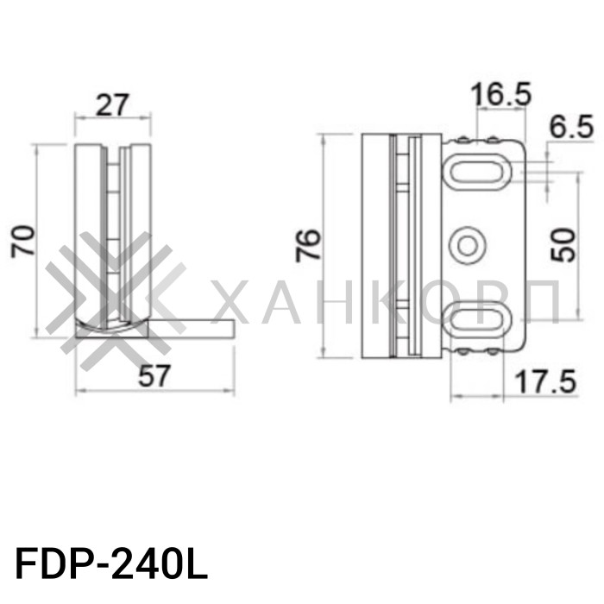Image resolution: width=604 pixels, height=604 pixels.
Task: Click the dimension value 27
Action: point(112,104)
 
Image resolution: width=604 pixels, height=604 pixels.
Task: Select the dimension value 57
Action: point(156,376)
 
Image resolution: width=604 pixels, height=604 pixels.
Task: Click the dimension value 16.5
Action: point(501,95)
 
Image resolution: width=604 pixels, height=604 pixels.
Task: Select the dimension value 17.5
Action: point(545,381)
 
